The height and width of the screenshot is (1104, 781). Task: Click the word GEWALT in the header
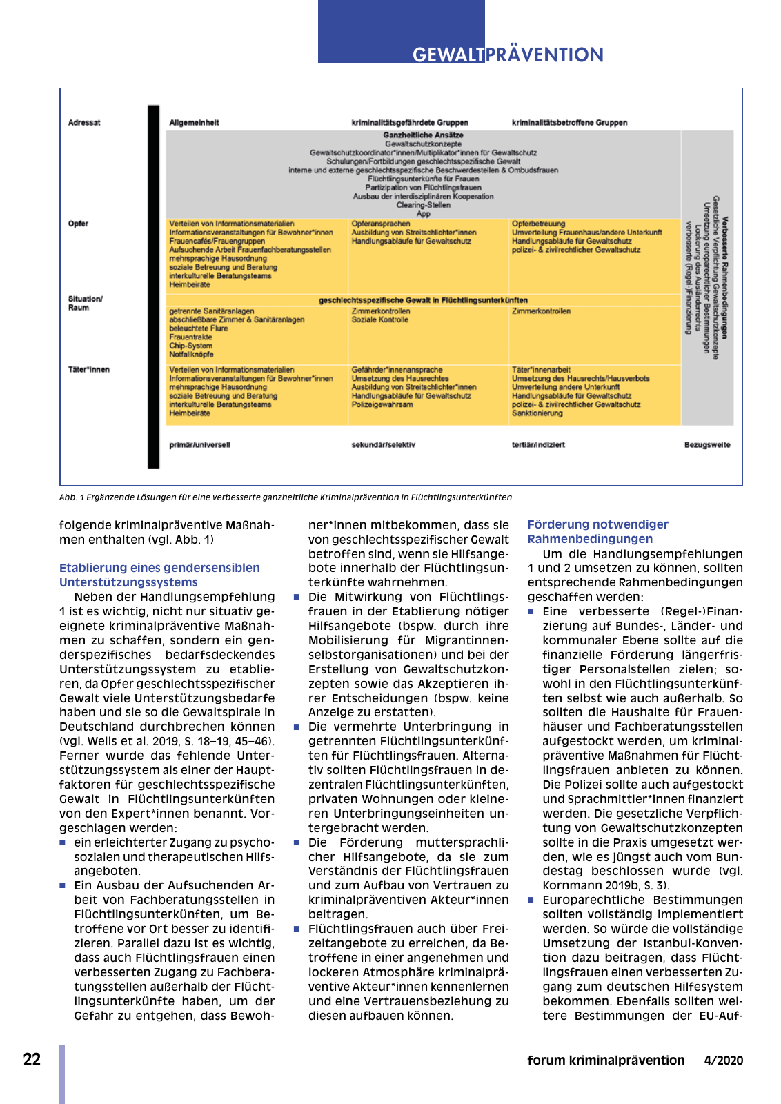(x=448, y=55)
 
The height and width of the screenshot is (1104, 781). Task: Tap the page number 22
(x=32, y=1059)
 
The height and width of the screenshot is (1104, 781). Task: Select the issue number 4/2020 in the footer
(x=723, y=1060)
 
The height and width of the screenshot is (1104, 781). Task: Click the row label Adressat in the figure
(x=84, y=123)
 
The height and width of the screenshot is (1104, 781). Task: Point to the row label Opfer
(x=78, y=224)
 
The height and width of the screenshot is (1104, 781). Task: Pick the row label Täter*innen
(x=88, y=370)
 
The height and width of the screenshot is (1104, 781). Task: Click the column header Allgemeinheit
(x=194, y=123)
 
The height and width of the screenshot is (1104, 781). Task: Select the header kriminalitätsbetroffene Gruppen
(x=569, y=123)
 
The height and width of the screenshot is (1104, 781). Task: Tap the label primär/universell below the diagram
(x=199, y=445)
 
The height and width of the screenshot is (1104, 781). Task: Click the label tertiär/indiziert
(x=538, y=445)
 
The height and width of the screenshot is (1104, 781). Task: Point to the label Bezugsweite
(x=706, y=445)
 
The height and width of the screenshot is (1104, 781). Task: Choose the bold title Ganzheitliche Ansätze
(x=423, y=135)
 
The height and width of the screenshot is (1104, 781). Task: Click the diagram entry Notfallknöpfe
(x=191, y=355)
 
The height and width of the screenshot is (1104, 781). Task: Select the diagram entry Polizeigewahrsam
(x=382, y=405)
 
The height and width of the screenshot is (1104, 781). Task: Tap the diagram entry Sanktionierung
(x=537, y=413)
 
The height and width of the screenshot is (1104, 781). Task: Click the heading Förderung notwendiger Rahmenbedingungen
(x=597, y=531)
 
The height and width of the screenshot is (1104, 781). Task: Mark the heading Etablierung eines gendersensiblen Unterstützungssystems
(x=159, y=575)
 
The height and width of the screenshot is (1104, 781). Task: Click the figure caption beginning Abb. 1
(x=285, y=497)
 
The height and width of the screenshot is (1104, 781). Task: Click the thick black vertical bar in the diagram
(x=153, y=286)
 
